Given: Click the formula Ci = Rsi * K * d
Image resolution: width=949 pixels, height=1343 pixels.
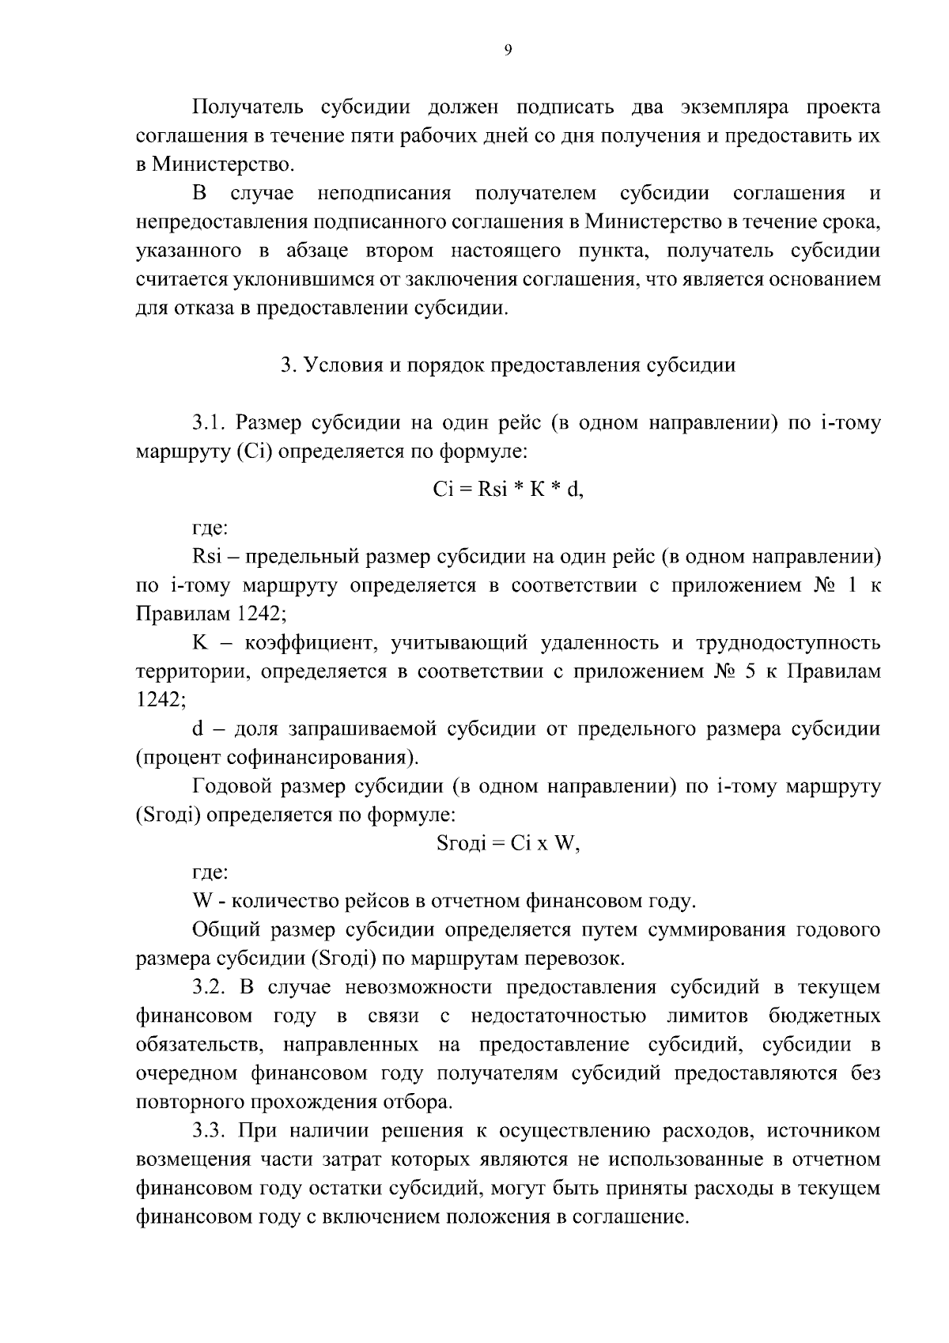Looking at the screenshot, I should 508,490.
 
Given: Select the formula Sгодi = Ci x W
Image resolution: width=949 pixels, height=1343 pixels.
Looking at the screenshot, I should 509,843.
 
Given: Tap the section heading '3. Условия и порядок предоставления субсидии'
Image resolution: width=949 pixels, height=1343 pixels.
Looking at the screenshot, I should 509,365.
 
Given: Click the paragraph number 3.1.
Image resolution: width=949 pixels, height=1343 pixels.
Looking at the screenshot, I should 209,423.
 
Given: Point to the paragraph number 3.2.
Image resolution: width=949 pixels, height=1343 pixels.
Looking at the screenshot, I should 209,987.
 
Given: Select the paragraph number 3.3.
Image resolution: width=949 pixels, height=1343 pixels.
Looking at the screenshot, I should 209,1130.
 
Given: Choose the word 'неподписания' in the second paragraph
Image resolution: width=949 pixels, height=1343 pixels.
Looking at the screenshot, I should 384,193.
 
